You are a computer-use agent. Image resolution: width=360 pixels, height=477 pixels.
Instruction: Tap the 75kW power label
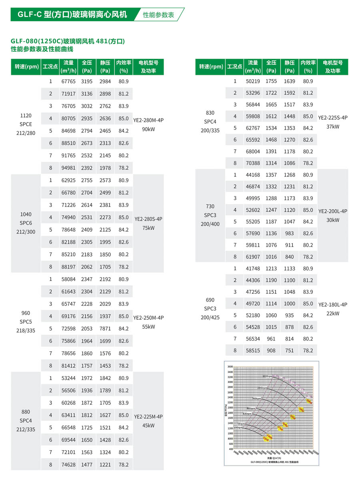coord(148,228)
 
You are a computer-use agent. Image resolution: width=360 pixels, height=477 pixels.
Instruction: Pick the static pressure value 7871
coord(105,329)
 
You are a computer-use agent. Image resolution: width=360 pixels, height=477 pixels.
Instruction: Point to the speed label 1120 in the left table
coord(26,115)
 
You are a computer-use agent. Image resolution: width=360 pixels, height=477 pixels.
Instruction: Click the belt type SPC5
coord(26,321)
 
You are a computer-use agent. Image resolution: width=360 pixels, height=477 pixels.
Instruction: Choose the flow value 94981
coord(68,168)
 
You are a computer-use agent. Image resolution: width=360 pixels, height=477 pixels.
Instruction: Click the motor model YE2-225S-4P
coord(333,118)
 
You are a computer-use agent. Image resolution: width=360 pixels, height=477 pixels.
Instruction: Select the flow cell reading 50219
coord(253,81)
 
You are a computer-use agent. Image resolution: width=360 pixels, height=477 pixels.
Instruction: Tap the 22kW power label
coord(333,313)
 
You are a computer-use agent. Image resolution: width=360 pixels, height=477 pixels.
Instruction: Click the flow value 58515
coord(253,350)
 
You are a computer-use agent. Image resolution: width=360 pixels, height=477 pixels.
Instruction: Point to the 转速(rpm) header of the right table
coord(210,66)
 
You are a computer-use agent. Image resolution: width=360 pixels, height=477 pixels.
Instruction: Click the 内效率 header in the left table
coord(124,63)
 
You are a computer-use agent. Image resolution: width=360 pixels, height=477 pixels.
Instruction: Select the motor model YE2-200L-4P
coord(333,211)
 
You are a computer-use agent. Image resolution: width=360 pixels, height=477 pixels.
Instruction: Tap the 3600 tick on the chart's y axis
coord(230,367)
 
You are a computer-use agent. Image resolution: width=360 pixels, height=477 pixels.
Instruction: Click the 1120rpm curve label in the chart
coord(268,376)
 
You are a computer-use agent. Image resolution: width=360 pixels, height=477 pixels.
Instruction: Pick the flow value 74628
coord(68,465)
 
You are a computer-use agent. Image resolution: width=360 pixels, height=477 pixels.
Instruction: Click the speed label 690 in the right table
coord(210,300)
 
